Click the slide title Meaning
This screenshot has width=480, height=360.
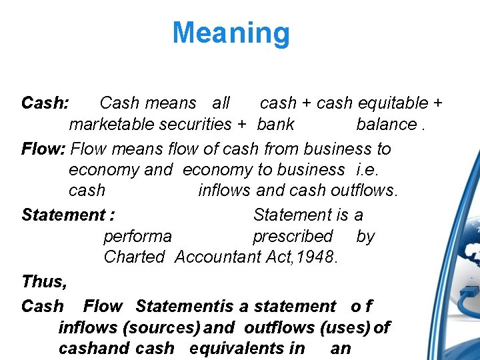231,33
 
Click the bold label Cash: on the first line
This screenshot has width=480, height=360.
45,103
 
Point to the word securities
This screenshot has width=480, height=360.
192,124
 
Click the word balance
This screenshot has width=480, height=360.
387,124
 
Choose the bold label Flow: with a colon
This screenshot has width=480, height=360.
43,149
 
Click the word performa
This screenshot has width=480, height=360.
137,236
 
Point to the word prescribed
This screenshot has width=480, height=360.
293,236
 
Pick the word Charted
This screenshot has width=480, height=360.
134,257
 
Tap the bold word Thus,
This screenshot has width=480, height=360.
44,281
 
